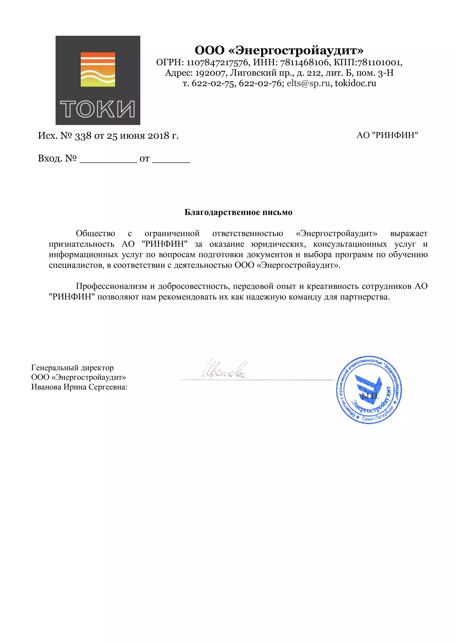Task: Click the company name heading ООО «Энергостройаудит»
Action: [x=279, y=50]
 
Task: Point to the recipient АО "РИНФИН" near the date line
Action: [x=387, y=135]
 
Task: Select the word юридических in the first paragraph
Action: [x=277, y=244]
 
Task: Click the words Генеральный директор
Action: [x=72, y=368]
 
